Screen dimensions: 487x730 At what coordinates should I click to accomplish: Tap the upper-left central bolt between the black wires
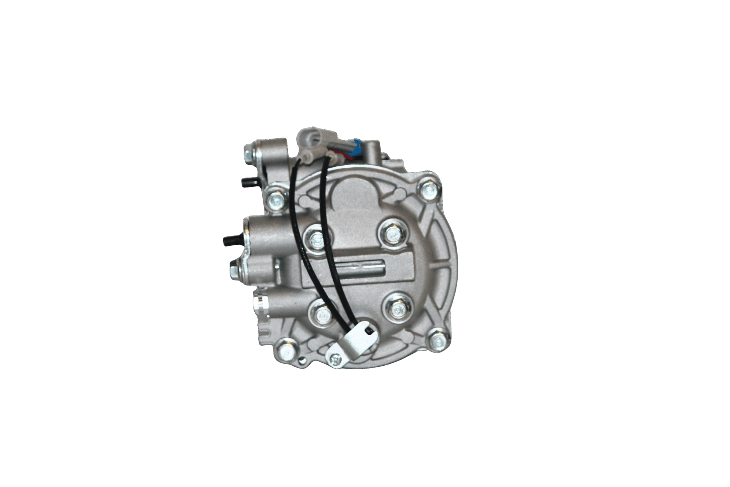click(317, 239)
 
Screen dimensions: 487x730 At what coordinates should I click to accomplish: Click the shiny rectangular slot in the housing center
click(360, 266)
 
